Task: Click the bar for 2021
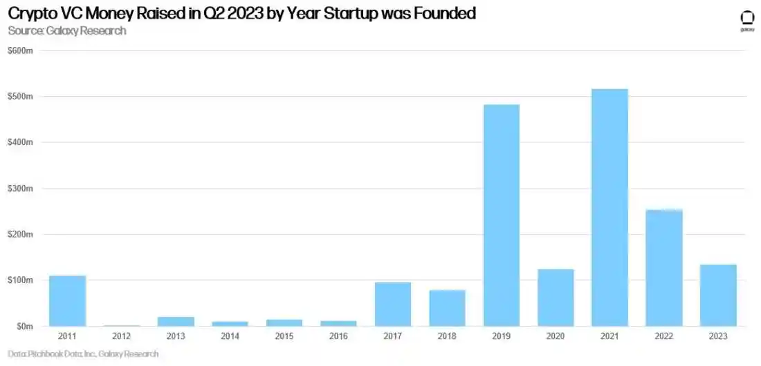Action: [x=609, y=207]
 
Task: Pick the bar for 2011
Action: [x=67, y=301]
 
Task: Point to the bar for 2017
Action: [x=393, y=304]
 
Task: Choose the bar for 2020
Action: [x=556, y=298]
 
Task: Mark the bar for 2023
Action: [x=718, y=296]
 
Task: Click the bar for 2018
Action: [x=447, y=308]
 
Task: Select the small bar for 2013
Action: [x=176, y=322]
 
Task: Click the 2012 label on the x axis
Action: [x=122, y=336]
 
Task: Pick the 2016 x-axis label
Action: [x=338, y=336]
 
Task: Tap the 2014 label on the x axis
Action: [x=230, y=336]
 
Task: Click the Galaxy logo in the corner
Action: [x=746, y=20]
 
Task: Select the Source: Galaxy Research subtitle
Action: [x=67, y=30]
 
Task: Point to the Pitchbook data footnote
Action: [x=83, y=354]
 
